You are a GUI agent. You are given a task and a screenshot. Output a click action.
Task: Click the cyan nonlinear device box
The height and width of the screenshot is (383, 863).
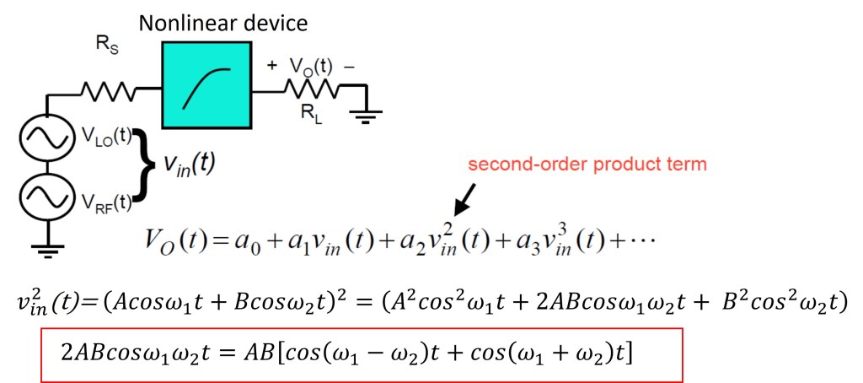click(x=206, y=88)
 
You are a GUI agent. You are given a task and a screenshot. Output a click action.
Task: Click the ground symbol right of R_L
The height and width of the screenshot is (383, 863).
click(x=364, y=115)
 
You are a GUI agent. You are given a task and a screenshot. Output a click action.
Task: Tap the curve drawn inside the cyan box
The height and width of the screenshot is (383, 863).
click(x=205, y=87)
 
